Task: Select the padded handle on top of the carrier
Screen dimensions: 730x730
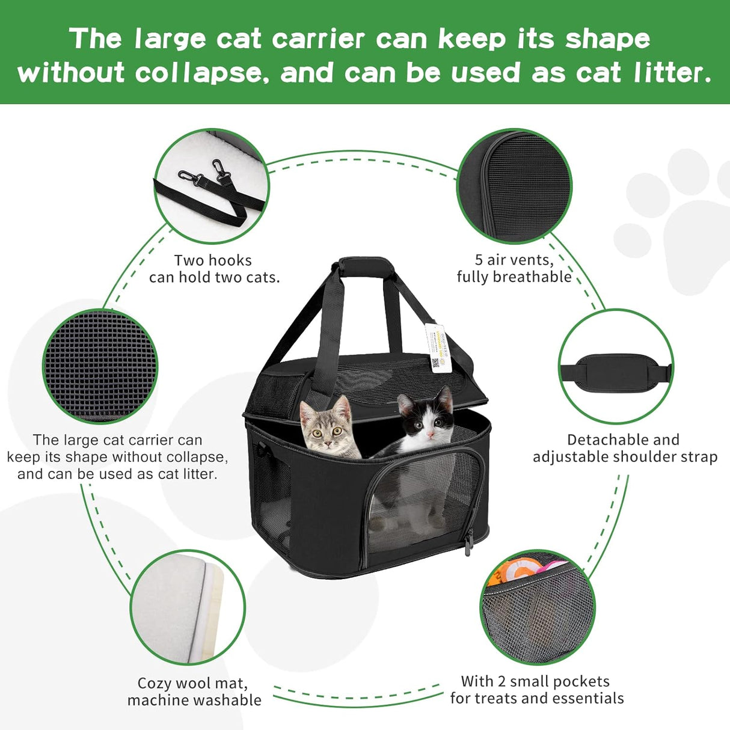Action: tap(366, 266)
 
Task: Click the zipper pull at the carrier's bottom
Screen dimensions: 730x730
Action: tap(468, 542)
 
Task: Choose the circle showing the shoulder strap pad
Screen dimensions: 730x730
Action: tap(616, 366)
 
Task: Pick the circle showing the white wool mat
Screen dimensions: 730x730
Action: tap(188, 607)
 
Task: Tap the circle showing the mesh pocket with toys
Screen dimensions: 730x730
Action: tap(538, 607)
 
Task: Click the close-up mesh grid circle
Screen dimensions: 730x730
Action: tap(100, 366)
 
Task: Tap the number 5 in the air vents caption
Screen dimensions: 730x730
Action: tap(479, 260)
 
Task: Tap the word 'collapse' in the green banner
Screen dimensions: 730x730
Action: tap(198, 73)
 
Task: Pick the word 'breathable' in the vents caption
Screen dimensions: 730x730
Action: tap(538, 277)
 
